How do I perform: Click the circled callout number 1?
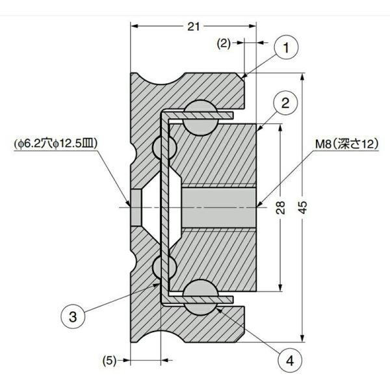[286, 47]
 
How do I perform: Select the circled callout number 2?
[285, 103]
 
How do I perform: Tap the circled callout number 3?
[73, 317]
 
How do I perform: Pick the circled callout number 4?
[290, 360]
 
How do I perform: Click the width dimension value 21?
[194, 27]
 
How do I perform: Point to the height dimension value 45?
[303, 207]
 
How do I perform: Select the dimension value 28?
[280, 207]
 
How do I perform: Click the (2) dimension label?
[224, 44]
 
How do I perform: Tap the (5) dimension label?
[109, 360]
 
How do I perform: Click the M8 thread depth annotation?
[347, 144]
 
